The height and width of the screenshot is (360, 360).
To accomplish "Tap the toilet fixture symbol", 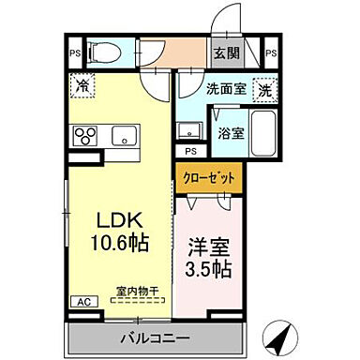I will (x=106, y=52).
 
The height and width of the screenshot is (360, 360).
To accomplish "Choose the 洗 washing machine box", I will (x=265, y=91).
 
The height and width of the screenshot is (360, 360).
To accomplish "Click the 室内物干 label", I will (x=136, y=292).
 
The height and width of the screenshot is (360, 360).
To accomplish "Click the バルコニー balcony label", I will (x=155, y=337).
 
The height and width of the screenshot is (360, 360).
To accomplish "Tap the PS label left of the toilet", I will (x=75, y=53).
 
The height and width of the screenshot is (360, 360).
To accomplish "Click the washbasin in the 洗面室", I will (x=188, y=130).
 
